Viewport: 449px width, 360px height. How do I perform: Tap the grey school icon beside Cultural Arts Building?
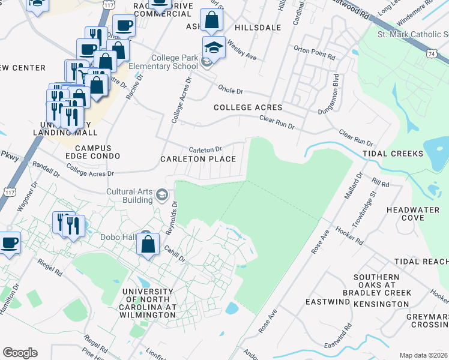[x=161, y=194]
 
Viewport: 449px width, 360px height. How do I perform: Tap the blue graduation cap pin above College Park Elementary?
[x=214, y=47]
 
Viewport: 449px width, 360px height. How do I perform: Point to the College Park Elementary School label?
[x=166, y=62]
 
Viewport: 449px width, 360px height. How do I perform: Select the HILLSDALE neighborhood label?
[x=258, y=28]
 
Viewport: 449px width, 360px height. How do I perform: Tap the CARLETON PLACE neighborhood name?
[x=197, y=159]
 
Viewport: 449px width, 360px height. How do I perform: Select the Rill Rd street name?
[x=381, y=183]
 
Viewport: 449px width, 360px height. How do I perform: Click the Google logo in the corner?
[x=20, y=353]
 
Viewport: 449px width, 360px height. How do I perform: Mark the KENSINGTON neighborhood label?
[x=382, y=304]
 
